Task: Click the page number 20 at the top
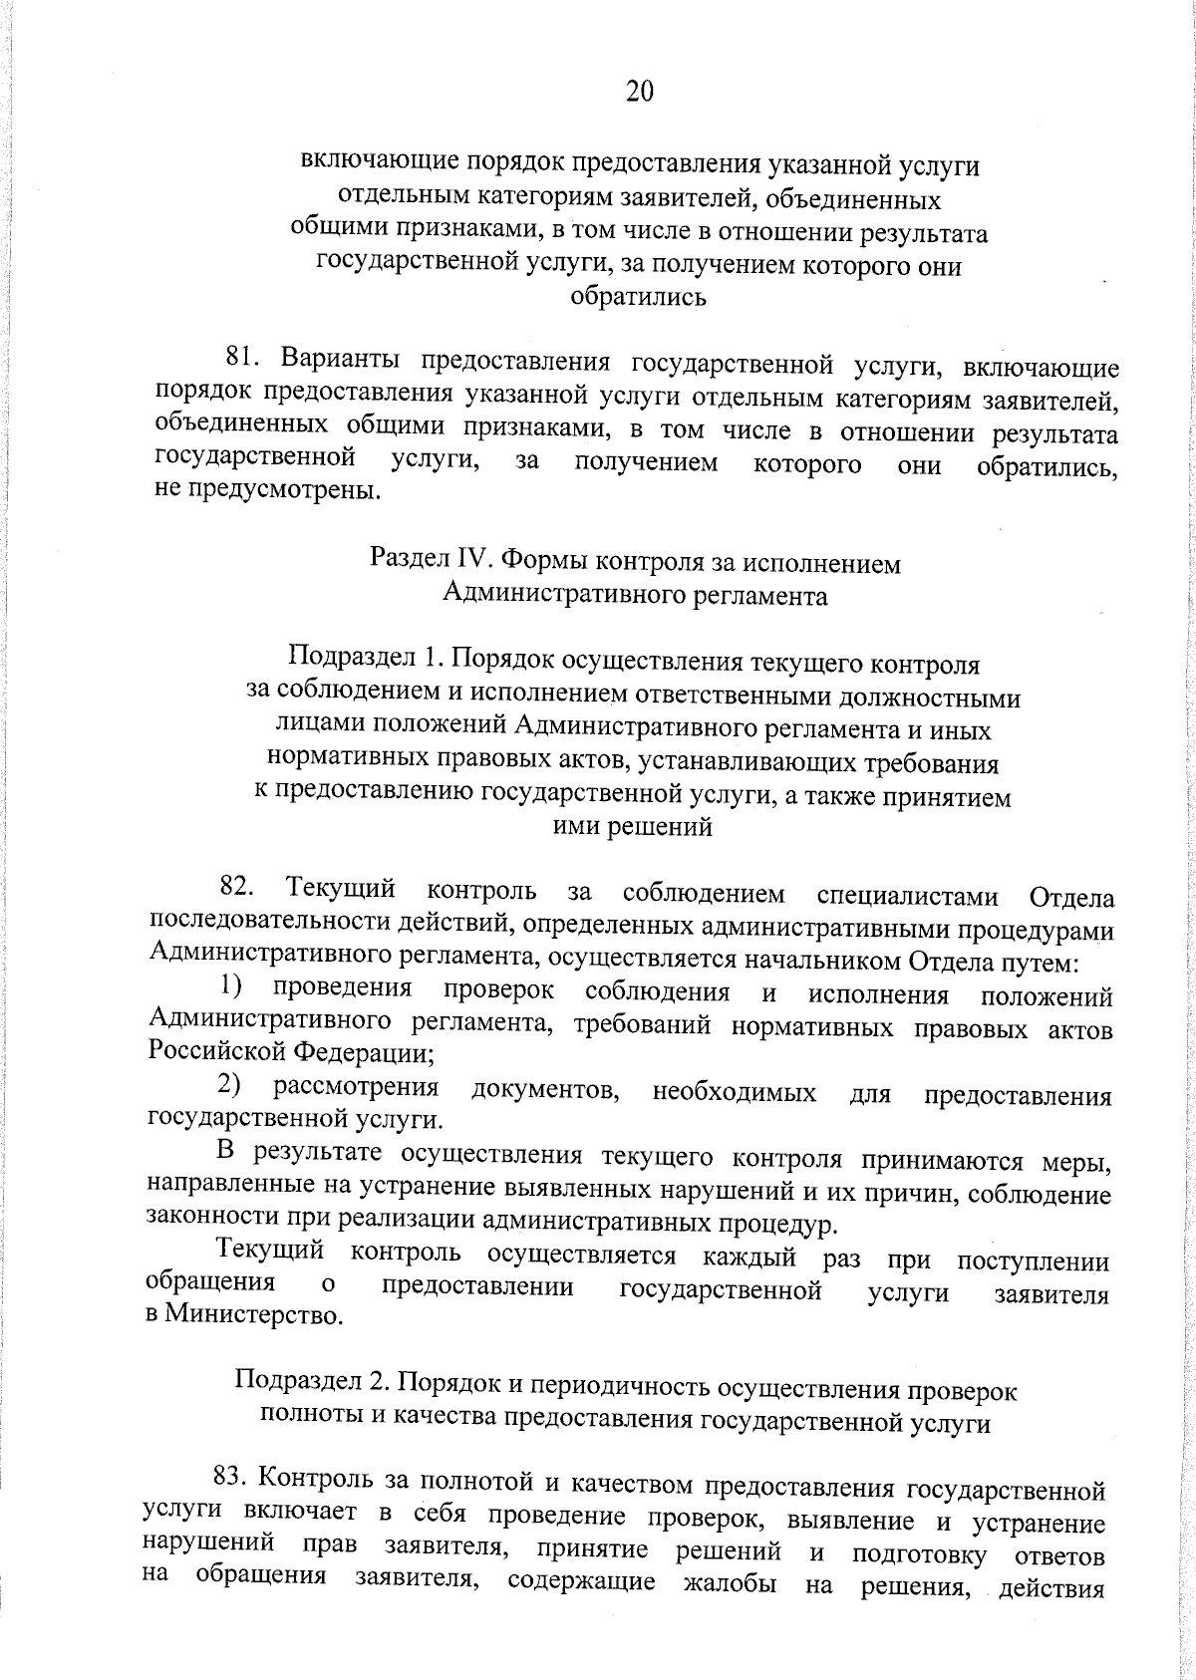(x=640, y=92)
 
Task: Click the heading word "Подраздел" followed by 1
(x=348, y=661)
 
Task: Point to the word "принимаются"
(x=942, y=1161)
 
